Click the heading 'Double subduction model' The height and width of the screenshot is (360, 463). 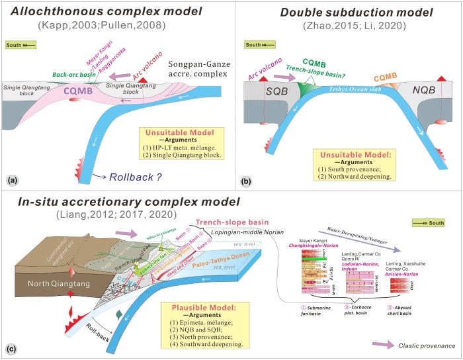tap(347, 12)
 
